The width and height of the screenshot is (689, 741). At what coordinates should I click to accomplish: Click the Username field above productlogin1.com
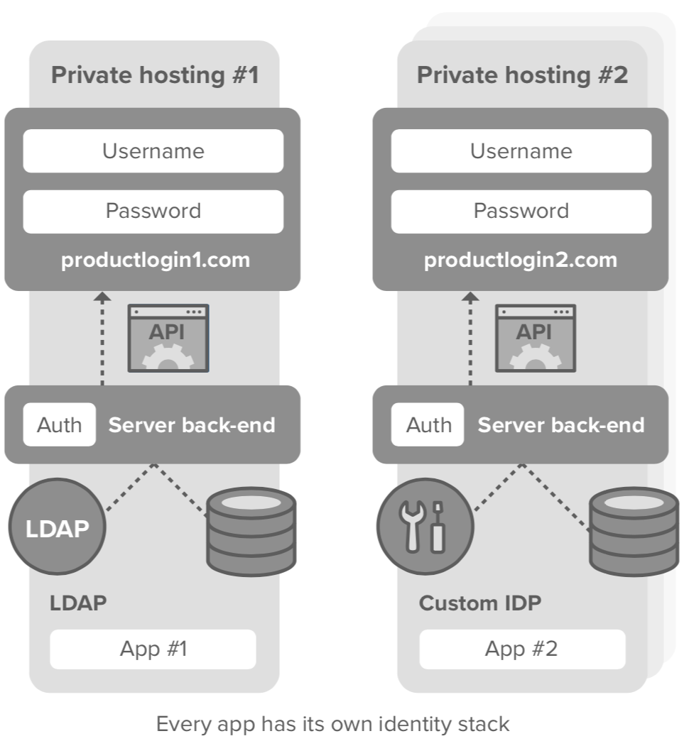tap(153, 150)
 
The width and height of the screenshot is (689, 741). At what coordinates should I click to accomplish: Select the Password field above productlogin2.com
tap(521, 212)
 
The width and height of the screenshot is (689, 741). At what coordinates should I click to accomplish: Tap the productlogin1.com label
tap(155, 260)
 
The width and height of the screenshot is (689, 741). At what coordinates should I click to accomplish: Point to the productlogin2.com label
tap(521, 260)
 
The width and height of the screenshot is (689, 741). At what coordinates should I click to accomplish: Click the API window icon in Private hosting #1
tap(168, 338)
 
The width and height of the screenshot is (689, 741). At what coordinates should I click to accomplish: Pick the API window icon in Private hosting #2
tap(535, 338)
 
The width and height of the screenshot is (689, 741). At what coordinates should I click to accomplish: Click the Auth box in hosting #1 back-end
tap(59, 425)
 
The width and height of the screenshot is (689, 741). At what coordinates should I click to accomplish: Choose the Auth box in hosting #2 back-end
tap(428, 425)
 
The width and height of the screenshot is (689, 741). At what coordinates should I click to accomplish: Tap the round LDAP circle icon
tap(57, 529)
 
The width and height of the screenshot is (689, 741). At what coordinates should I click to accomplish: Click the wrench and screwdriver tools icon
tap(425, 529)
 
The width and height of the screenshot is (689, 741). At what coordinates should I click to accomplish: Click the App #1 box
tap(153, 649)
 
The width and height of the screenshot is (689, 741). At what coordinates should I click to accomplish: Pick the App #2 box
tap(521, 649)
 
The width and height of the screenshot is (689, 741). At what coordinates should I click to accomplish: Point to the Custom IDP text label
tap(479, 603)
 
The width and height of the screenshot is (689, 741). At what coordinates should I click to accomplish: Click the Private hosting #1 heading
tap(154, 75)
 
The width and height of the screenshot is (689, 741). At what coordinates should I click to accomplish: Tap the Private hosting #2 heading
tap(522, 75)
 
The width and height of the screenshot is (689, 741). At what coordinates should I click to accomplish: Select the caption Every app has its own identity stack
tap(332, 724)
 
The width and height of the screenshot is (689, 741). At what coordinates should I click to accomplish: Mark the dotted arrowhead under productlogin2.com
tap(470, 297)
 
